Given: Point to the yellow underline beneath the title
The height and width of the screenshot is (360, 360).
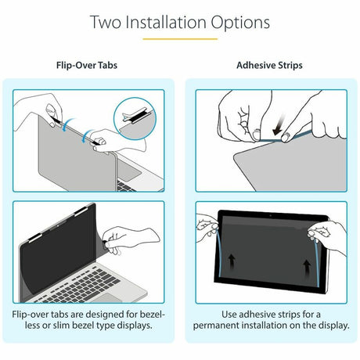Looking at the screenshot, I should click(x=180, y=38).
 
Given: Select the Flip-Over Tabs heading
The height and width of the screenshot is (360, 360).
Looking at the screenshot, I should click(x=88, y=65).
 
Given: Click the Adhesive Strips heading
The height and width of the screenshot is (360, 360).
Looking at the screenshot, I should click(x=270, y=65).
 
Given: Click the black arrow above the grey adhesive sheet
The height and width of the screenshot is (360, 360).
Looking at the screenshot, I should click(x=275, y=124).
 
